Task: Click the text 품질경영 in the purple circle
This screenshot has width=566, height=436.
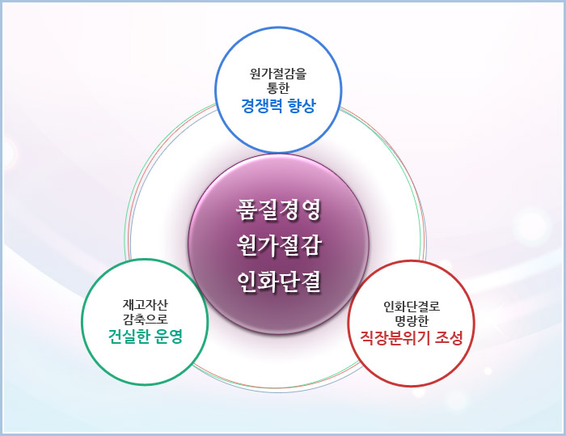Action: tap(278, 210)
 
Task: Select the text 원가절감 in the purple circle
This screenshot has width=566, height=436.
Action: tap(278, 245)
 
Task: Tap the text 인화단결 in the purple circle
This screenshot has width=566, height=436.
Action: tap(278, 281)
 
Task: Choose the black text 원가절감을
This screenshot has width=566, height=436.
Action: tap(278, 74)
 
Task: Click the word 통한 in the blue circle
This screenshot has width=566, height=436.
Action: tap(278, 88)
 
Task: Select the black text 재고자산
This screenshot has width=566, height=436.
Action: tap(145, 305)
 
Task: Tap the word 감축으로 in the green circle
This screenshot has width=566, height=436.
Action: tap(145, 319)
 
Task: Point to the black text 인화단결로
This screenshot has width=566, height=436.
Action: tap(412, 307)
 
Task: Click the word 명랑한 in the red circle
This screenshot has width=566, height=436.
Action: tap(412, 321)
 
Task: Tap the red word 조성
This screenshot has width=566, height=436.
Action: tap(449, 338)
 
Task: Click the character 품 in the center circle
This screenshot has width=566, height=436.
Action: tap(246, 210)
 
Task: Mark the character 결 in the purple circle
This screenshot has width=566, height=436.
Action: tap(310, 281)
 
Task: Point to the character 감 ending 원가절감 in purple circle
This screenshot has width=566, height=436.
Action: tap(310, 245)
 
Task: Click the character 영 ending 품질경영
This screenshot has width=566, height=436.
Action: tap(310, 210)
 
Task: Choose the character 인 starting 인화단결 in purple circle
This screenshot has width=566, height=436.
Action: tap(246, 281)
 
